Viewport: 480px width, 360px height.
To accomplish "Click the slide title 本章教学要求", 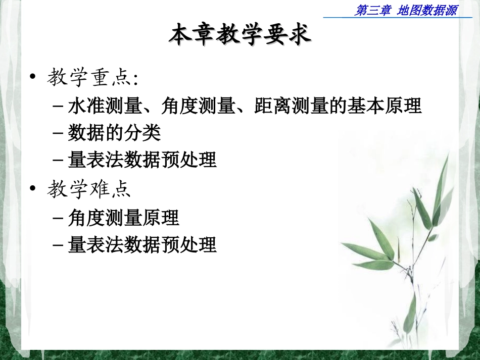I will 240,35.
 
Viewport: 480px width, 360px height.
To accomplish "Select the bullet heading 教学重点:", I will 93,78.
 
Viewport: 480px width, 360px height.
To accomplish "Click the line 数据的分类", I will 114,133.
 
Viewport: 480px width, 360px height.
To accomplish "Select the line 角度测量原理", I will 123,218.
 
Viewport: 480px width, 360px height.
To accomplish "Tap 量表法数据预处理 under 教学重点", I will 142,160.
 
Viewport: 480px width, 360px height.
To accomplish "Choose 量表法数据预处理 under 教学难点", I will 142,245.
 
